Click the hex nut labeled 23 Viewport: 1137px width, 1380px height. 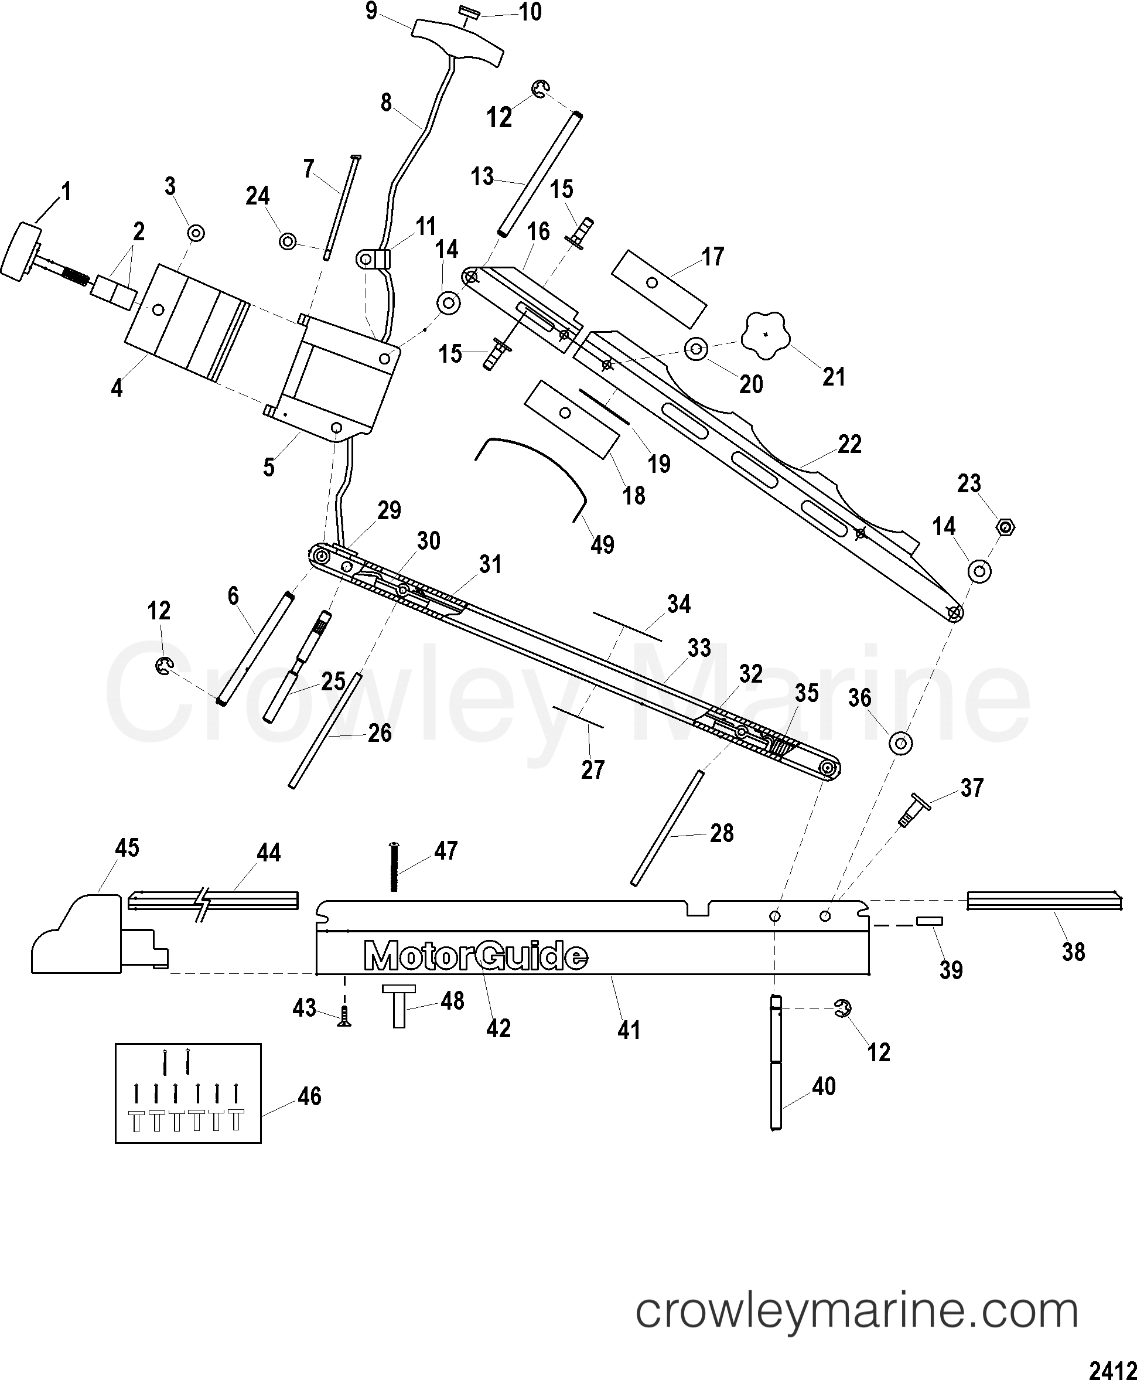pos(1005,526)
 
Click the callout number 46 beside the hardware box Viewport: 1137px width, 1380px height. pos(309,1096)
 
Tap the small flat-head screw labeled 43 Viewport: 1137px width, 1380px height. pos(343,1018)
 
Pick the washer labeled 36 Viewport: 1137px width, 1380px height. pos(901,743)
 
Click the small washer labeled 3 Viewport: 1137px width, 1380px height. pos(195,233)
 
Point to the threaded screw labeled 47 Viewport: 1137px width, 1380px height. pos(394,866)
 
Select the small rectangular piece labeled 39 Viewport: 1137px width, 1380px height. pos(928,921)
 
